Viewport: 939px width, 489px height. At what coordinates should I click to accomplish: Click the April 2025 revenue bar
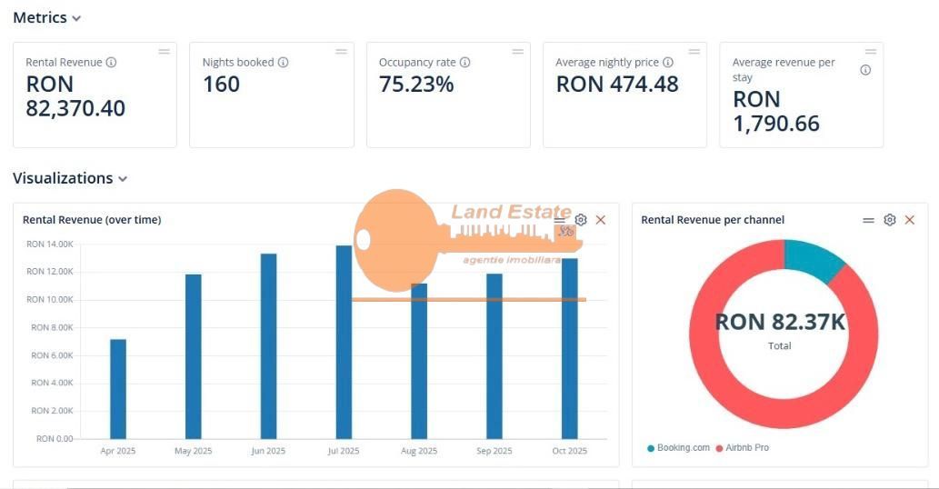tap(117, 389)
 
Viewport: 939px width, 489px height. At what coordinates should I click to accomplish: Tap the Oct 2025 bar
tap(569, 349)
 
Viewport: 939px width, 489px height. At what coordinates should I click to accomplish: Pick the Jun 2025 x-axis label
tap(268, 451)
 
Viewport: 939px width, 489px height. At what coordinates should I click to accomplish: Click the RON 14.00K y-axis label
tap(50, 244)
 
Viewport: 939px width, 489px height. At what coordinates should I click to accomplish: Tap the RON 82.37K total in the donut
tap(780, 322)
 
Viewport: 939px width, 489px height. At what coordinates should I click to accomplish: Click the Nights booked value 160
tap(221, 85)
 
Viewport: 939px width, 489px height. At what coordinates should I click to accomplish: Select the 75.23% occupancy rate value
tap(416, 85)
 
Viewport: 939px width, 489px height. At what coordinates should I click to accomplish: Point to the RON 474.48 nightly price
tap(617, 85)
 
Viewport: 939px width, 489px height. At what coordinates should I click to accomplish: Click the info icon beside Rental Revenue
tap(111, 63)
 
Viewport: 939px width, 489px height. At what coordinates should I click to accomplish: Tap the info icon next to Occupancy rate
tap(465, 63)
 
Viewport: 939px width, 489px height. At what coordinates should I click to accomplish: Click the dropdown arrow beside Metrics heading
tap(76, 18)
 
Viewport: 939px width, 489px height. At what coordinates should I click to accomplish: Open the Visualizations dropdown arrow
tap(123, 179)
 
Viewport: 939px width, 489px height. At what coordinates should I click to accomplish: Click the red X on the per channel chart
tap(909, 220)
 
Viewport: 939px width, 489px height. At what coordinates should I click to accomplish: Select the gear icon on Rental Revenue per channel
tap(889, 220)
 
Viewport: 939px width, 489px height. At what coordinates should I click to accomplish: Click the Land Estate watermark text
tap(511, 213)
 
